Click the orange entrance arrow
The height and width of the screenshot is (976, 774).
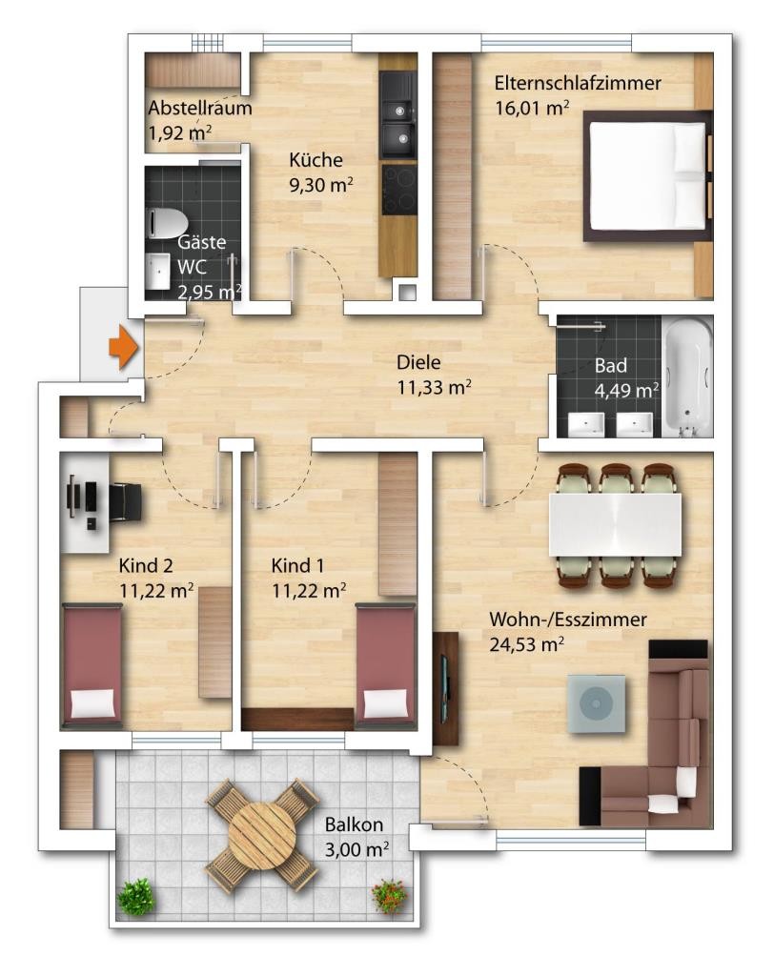(x=123, y=346)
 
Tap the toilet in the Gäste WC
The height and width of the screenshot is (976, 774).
(x=167, y=223)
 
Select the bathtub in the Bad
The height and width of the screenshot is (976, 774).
(x=687, y=377)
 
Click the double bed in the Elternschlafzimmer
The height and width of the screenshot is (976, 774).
(x=647, y=175)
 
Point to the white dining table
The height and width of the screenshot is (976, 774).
(x=615, y=524)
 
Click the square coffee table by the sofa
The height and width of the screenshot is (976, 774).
(x=597, y=703)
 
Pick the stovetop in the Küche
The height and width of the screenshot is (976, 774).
(x=398, y=190)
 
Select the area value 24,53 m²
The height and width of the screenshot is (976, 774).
(x=527, y=644)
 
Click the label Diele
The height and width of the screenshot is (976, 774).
(x=418, y=362)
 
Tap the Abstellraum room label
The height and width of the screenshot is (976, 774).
(x=200, y=108)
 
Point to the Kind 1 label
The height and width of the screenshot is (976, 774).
(x=297, y=566)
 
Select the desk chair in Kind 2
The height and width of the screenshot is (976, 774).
(x=126, y=501)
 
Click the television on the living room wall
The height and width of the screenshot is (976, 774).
(x=444, y=688)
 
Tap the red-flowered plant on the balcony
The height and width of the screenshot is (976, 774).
(x=390, y=896)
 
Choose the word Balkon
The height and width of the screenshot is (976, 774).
(x=354, y=824)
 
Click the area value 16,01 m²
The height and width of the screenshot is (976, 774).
(x=532, y=108)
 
